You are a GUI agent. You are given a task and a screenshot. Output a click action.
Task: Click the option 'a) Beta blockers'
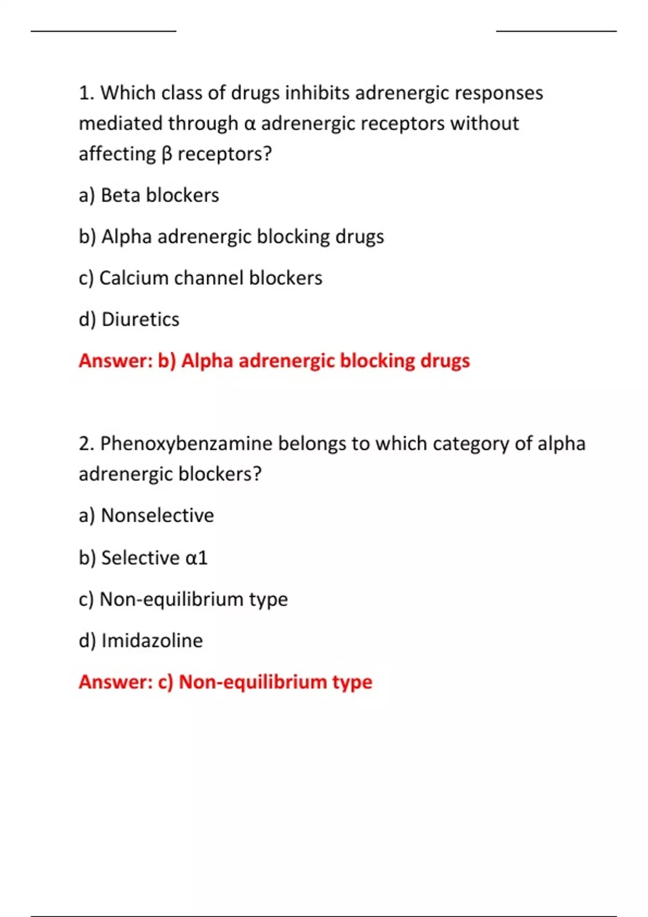(148, 195)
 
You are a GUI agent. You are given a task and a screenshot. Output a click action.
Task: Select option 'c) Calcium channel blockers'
(200, 278)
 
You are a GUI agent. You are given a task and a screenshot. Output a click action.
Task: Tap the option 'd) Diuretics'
(129, 319)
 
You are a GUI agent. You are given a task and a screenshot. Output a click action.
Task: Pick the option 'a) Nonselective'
(146, 516)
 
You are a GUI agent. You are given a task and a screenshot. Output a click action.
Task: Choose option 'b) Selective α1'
(143, 558)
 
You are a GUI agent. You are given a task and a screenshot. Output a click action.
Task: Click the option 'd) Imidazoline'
(141, 641)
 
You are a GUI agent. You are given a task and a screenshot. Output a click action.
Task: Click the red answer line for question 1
(274, 361)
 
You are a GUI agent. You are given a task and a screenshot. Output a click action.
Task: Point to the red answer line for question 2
(226, 682)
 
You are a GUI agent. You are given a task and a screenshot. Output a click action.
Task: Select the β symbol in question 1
(166, 155)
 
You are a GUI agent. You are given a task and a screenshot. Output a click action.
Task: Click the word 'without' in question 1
(484, 124)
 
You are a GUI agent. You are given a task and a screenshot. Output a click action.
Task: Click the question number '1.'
(86, 93)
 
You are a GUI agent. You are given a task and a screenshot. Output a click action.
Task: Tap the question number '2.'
(86, 444)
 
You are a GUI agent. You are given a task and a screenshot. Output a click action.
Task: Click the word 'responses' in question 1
(498, 93)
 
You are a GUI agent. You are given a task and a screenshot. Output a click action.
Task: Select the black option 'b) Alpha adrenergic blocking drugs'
(231, 237)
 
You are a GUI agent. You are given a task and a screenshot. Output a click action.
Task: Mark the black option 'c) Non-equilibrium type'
(183, 599)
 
